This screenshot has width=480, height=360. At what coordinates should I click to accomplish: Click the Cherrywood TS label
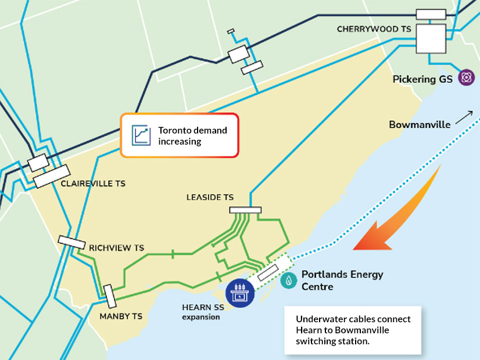click(370, 29)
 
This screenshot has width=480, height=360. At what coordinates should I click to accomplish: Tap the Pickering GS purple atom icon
click(466, 77)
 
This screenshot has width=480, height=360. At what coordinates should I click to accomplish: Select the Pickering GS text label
click(422, 79)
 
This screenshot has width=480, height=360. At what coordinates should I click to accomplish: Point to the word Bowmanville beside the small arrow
click(420, 124)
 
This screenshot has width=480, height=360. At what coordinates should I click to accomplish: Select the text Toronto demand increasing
click(192, 135)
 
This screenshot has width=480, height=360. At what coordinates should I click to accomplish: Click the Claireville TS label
click(93, 183)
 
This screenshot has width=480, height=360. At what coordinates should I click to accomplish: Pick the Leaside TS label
click(210, 197)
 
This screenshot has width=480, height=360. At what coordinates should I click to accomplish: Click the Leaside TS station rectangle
click(245, 210)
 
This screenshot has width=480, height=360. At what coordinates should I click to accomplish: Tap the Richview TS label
click(116, 247)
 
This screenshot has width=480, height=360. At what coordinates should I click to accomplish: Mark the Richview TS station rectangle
click(71, 242)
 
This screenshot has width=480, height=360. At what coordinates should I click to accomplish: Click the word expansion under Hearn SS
click(201, 318)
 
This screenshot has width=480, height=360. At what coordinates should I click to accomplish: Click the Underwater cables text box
click(352, 329)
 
